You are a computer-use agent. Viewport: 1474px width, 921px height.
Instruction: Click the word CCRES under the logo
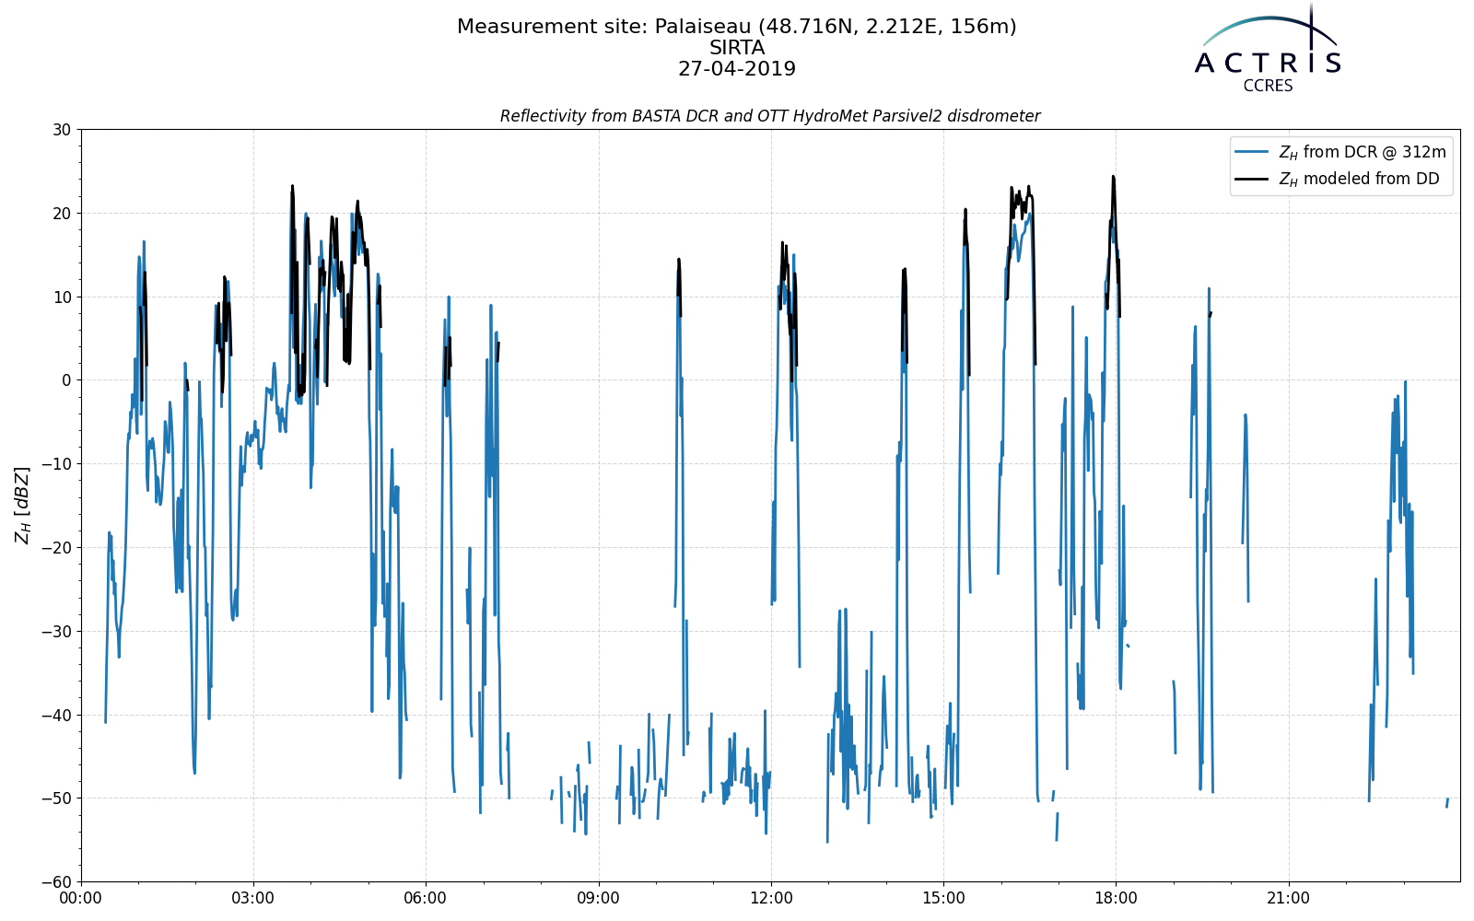[x=1268, y=87]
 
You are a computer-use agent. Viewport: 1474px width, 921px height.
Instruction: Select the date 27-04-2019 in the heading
[x=737, y=69]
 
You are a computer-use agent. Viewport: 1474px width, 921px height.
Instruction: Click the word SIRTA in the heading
[x=737, y=48]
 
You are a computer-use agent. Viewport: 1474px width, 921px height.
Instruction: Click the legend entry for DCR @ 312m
[x=1362, y=153]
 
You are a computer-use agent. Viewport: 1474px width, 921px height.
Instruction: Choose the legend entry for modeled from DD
[x=1359, y=179]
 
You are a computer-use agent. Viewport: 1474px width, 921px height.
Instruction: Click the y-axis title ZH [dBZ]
[x=22, y=506]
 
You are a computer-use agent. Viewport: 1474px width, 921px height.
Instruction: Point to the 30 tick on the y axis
[x=62, y=130]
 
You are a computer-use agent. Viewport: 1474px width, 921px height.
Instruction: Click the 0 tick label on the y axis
[x=66, y=380]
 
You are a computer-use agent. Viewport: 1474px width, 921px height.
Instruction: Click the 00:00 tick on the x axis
[x=81, y=898]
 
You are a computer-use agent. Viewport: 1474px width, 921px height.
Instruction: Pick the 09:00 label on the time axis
[x=598, y=898]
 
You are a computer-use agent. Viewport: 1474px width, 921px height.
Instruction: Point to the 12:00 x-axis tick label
[x=771, y=898]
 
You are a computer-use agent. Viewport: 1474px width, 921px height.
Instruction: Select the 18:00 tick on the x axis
[x=1116, y=898]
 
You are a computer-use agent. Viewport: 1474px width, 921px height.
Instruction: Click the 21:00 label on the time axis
[x=1289, y=898]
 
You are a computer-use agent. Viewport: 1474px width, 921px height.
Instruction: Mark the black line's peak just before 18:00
[x=1113, y=176]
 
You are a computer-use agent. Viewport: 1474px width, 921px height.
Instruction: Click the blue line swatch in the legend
[x=1252, y=153]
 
